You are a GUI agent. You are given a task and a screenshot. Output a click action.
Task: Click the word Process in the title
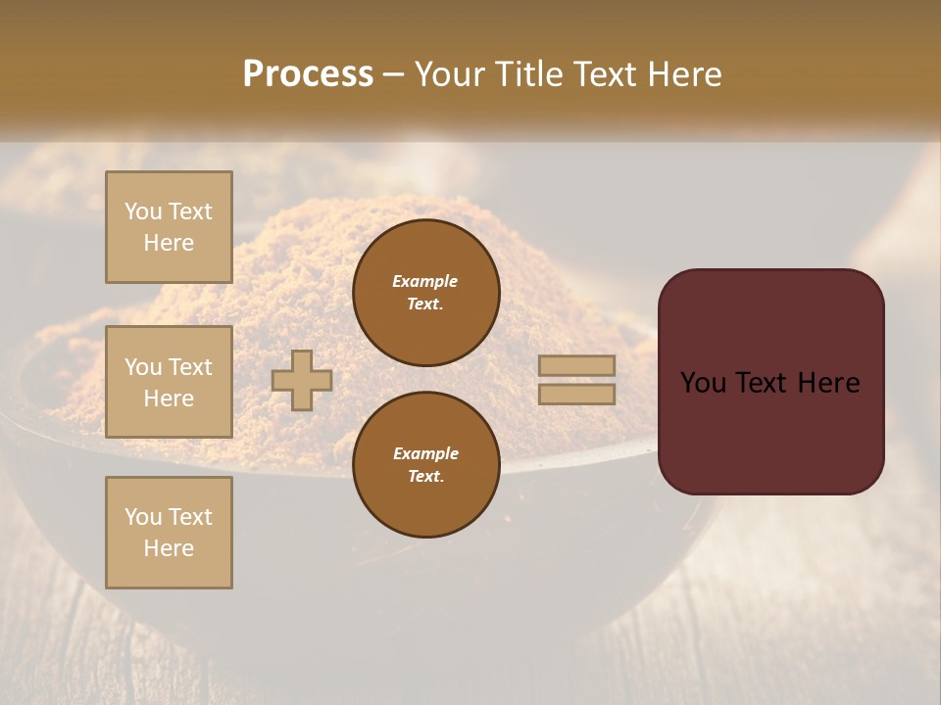pyautogui.click(x=308, y=74)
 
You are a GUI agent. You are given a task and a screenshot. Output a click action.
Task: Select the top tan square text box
pyautogui.click(x=169, y=227)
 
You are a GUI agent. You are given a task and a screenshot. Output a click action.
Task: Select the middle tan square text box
pyautogui.click(x=169, y=382)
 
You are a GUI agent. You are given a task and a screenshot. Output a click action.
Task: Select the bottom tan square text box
pyautogui.click(x=169, y=533)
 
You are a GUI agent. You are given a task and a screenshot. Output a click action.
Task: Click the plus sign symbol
pyautogui.click(x=302, y=380)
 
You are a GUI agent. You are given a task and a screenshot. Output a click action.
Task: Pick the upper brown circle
pyautogui.click(x=425, y=293)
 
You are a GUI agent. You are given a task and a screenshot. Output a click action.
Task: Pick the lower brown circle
pyautogui.click(x=425, y=465)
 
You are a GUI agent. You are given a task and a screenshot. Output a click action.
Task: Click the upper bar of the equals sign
pyautogui.click(x=577, y=366)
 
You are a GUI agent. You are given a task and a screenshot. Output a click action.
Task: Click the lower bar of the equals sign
pyautogui.click(x=577, y=394)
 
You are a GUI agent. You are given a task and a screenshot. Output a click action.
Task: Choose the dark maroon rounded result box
pyautogui.click(x=770, y=381)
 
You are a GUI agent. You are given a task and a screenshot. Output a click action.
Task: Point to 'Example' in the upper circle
pyautogui.click(x=425, y=282)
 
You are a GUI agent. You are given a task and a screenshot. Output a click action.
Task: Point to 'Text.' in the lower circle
pyautogui.click(x=425, y=477)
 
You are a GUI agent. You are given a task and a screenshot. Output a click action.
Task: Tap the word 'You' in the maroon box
pyautogui.click(x=704, y=383)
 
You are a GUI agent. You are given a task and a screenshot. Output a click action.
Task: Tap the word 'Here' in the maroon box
pyautogui.click(x=828, y=383)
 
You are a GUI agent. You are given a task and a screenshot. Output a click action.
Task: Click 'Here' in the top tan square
pyautogui.click(x=169, y=243)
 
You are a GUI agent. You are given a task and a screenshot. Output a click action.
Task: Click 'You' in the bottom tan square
pyautogui.click(x=143, y=517)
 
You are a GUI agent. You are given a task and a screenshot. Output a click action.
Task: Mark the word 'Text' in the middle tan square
pyautogui.click(x=190, y=367)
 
